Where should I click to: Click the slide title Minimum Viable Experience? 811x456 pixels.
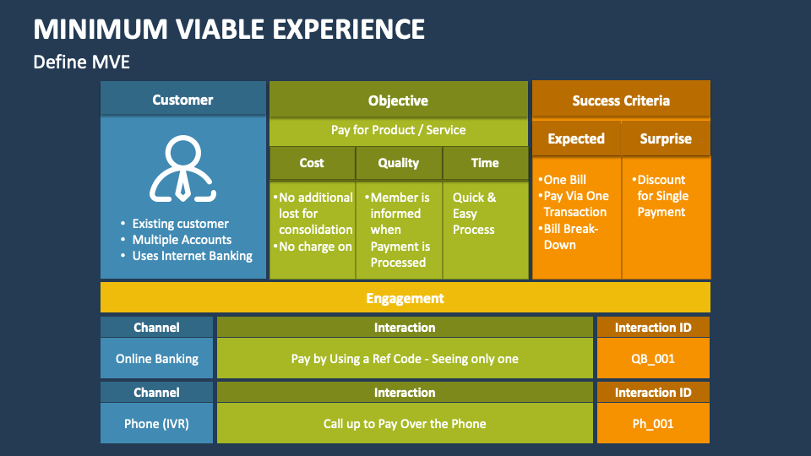click(229, 29)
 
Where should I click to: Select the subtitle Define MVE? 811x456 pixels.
click(81, 62)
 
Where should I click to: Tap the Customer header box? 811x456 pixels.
click(182, 100)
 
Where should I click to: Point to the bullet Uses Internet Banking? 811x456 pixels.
click(192, 256)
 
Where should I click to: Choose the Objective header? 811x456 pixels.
click(398, 100)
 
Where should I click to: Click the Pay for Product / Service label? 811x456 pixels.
click(398, 130)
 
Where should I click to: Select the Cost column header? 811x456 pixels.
click(312, 163)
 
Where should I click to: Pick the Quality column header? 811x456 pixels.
click(398, 163)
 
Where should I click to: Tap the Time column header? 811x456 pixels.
click(485, 163)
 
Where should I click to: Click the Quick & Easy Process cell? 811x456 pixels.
click(474, 214)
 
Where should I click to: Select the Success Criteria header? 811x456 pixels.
click(621, 100)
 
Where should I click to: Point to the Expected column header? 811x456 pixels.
click(576, 138)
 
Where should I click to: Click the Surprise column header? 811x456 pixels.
click(666, 138)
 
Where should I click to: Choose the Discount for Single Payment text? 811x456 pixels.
click(661, 196)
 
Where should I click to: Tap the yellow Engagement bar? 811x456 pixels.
click(405, 298)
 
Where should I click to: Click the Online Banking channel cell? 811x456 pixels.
click(157, 359)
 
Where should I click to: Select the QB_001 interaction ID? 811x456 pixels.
click(653, 359)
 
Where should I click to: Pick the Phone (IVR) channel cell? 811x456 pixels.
click(157, 424)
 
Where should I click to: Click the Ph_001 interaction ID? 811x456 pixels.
click(653, 424)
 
